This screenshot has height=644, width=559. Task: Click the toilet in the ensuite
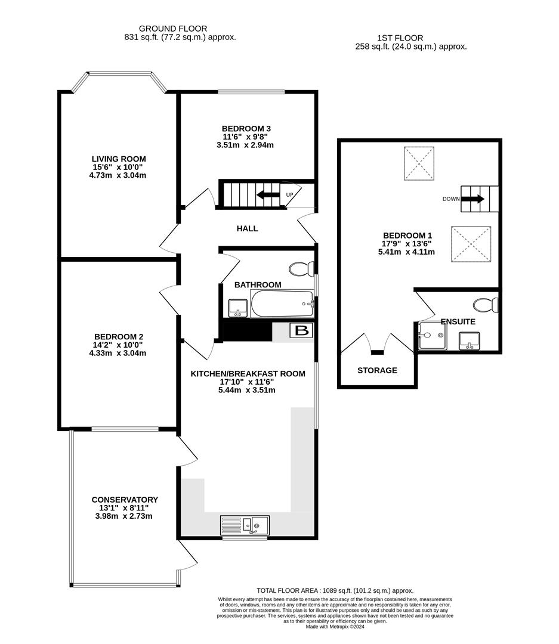click(x=487, y=306)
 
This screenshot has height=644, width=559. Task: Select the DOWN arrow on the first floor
click(x=472, y=199)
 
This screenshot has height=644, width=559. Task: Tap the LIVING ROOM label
click(x=119, y=159)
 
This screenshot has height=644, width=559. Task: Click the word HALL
click(x=247, y=228)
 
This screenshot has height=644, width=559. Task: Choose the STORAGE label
click(x=377, y=370)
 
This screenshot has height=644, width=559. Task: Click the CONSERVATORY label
click(x=125, y=500)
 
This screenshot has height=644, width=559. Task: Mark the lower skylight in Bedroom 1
click(x=471, y=244)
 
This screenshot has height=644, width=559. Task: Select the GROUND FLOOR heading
click(x=173, y=28)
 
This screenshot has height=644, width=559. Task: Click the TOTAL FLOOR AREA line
click(x=335, y=590)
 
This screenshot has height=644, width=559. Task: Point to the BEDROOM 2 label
click(x=119, y=336)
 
